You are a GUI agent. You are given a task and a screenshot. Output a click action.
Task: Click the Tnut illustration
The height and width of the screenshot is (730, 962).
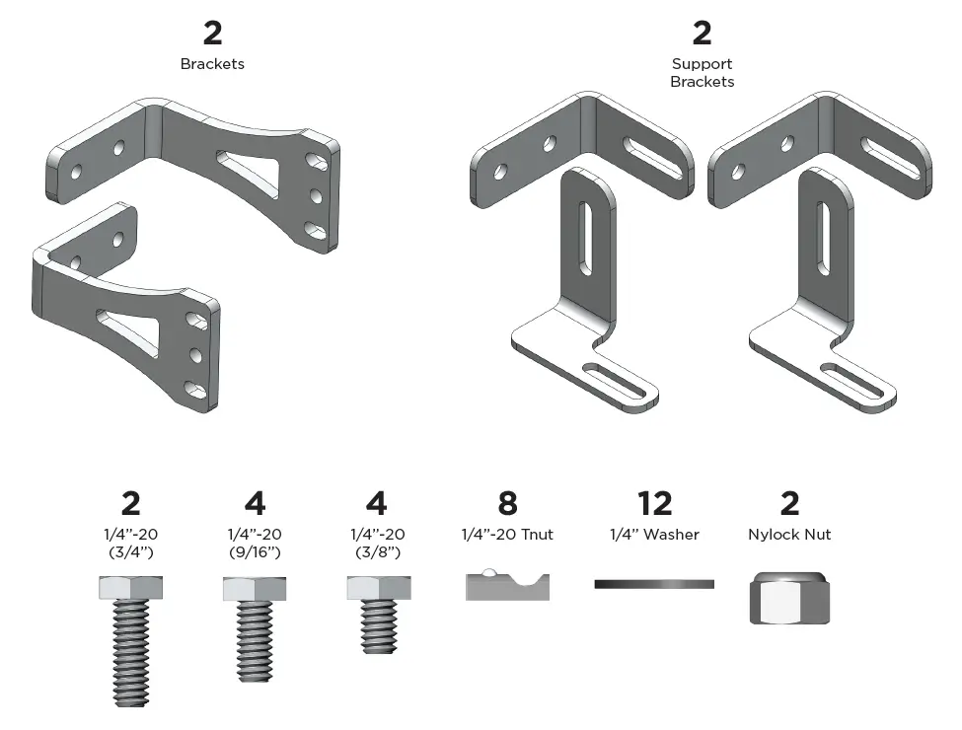(x=507, y=585)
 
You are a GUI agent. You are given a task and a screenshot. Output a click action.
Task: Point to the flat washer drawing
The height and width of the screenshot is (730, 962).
(x=654, y=584)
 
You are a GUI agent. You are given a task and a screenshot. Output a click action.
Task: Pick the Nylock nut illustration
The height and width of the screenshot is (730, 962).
(x=789, y=597)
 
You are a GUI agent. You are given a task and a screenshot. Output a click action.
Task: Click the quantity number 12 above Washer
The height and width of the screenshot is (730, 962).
(x=654, y=503)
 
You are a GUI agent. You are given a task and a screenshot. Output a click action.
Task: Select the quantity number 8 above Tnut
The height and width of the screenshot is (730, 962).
(x=507, y=503)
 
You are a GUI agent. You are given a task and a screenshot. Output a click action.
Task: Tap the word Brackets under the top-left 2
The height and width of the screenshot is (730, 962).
(x=212, y=64)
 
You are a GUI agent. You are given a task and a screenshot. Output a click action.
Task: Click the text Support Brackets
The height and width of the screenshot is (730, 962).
(x=702, y=73)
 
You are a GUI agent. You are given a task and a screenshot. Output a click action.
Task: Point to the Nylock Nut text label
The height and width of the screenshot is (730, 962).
(x=789, y=535)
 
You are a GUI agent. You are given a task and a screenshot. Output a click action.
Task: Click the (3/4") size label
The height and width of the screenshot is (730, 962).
(x=130, y=552)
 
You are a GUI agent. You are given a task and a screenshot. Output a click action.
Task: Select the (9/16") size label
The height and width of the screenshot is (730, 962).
(x=255, y=552)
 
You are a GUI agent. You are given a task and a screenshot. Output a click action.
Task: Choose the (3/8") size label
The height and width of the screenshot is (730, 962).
(x=376, y=552)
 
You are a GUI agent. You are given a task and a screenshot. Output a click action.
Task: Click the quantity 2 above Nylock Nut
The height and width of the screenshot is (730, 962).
(x=789, y=503)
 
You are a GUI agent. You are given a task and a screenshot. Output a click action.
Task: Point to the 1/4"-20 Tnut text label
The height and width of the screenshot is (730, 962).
(x=507, y=535)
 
